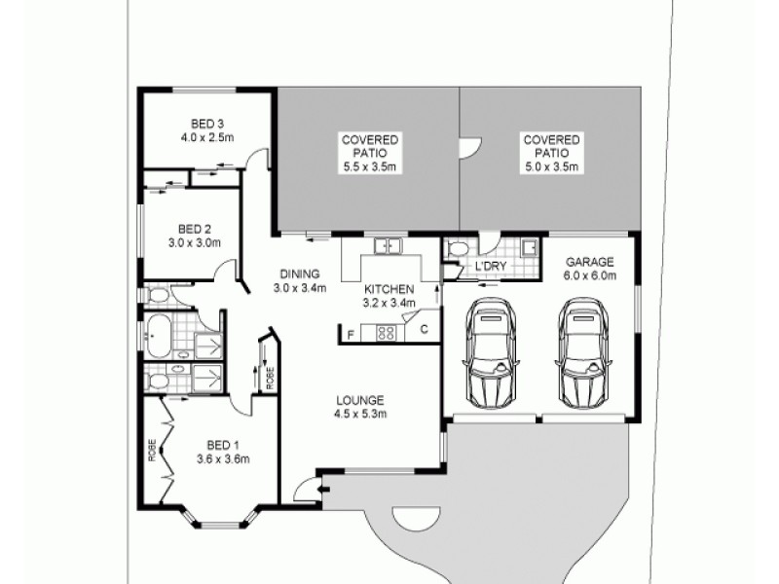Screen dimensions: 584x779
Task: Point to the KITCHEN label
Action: [x=389, y=290]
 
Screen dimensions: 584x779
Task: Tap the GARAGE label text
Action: [x=589, y=263]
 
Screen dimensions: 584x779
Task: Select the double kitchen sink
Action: [x=389, y=246]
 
